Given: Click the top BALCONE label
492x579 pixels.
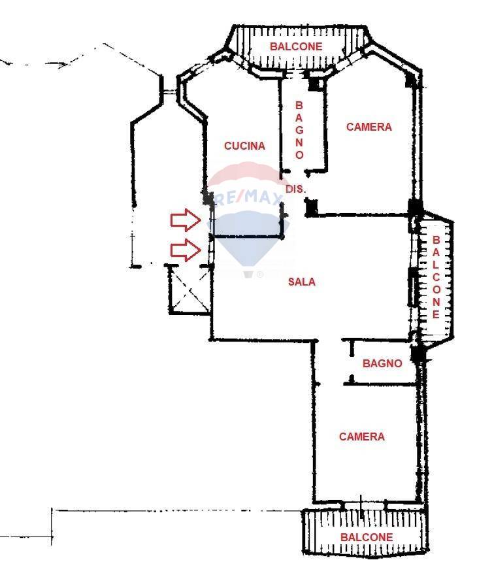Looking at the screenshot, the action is point(296,46).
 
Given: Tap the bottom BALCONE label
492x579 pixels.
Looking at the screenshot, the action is point(367,537).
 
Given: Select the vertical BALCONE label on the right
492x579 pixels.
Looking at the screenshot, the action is point(436,277).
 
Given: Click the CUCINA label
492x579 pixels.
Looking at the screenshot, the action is point(244,146).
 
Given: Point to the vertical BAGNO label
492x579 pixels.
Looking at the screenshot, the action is point(299,130).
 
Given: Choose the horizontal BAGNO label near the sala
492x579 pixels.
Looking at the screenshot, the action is point(382,363).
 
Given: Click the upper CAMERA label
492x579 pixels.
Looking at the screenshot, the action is point(369,127).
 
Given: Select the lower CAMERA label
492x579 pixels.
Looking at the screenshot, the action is point(362,437).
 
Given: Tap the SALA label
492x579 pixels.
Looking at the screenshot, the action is point(302,282).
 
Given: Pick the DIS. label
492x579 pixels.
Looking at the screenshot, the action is point(296,189).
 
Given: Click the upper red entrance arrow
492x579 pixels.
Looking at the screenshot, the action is point(186,220).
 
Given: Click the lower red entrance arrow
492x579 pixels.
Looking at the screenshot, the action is point(186,250).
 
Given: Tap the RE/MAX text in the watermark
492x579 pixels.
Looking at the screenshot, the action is point(249,197).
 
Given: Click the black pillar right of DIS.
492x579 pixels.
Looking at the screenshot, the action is point(311,208).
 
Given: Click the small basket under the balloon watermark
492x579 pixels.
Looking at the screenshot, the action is point(249,274).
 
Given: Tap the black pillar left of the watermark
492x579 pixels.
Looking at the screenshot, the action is point(208,198).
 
